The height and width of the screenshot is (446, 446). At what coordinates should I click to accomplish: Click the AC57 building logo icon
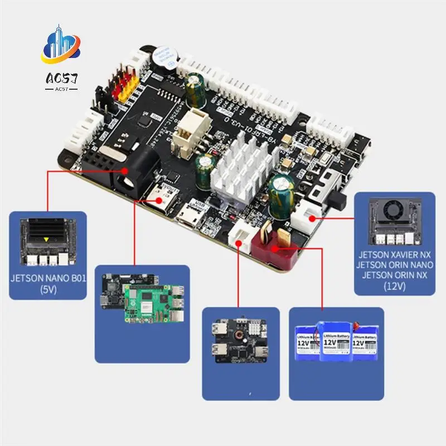coord(61,47)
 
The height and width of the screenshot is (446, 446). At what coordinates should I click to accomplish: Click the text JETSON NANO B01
coord(47,279)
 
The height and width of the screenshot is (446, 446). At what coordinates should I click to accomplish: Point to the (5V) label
coord(47,290)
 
